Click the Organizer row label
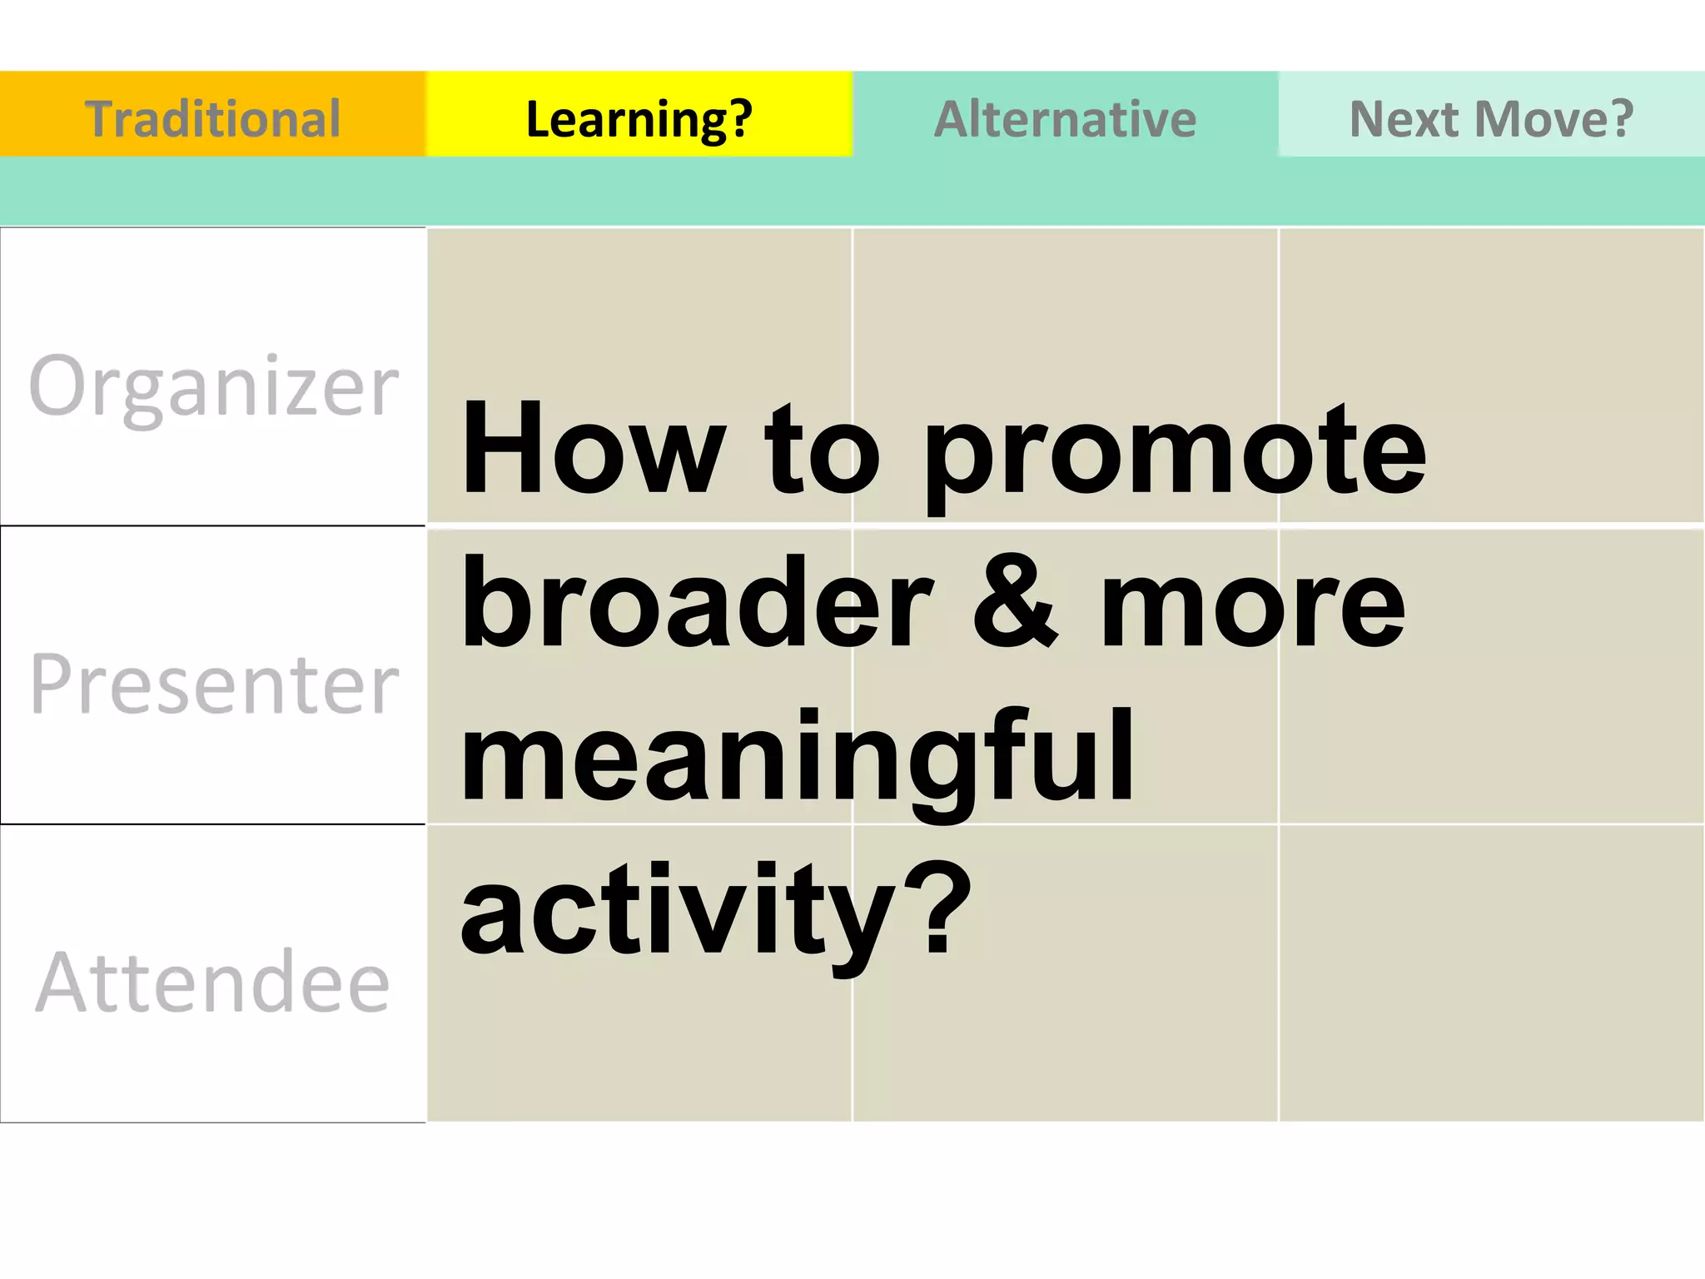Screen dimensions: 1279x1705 tap(213, 386)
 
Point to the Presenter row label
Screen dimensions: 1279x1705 tap(213, 684)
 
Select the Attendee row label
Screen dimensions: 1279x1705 tap(213, 982)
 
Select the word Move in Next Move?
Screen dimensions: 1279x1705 tap(1531, 117)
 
